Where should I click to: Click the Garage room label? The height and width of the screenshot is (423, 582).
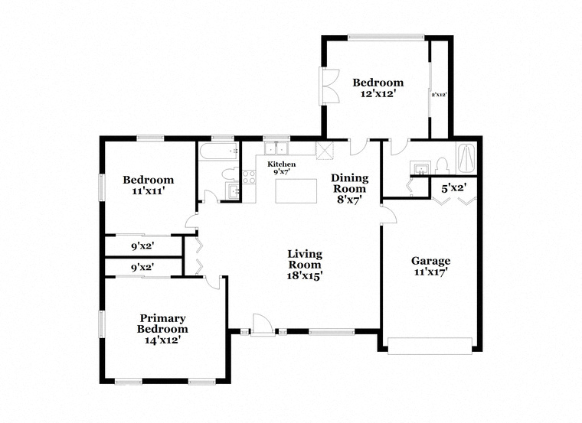(x=430, y=261)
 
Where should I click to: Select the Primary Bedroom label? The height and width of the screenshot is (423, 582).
(x=162, y=324)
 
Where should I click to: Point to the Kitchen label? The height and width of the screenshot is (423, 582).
(x=282, y=164)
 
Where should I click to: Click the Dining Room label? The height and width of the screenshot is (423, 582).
(x=350, y=183)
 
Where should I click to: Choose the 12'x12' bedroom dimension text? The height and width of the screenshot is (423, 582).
(x=377, y=94)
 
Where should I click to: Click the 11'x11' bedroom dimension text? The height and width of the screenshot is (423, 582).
(x=148, y=191)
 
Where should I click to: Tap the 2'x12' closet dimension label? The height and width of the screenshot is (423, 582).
(x=439, y=95)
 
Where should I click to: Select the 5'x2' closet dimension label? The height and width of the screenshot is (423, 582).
(x=453, y=188)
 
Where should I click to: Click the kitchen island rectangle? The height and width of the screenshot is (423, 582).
(x=296, y=191)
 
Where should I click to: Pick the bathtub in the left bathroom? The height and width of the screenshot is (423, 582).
(x=218, y=151)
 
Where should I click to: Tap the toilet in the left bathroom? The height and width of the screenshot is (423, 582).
(x=231, y=174)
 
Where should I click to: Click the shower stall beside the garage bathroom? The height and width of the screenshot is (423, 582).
(x=466, y=158)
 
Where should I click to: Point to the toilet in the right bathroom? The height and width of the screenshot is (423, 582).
(x=442, y=166)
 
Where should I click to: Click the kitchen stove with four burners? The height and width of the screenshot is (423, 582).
(x=249, y=177)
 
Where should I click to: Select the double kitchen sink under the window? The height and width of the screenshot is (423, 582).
(x=276, y=148)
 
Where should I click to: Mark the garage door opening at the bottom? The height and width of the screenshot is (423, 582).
(x=430, y=346)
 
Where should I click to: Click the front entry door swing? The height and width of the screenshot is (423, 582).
(x=263, y=325)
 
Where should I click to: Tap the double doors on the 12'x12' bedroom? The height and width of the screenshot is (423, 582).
(x=329, y=86)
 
